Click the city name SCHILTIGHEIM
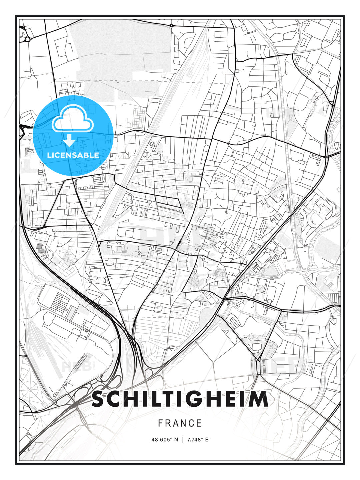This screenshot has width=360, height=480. click(180, 399)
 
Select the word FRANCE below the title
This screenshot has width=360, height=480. click(180, 423)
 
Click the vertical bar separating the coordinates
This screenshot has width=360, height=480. click(183, 440)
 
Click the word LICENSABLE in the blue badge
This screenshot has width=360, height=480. click(73, 155)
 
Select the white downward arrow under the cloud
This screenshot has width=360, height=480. click(69, 141)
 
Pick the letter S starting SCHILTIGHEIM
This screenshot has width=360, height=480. click(98, 399)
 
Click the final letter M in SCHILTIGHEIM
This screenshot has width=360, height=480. click(260, 399)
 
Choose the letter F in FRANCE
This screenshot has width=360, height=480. click(160, 423)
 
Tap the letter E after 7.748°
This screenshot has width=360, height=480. click(207, 440)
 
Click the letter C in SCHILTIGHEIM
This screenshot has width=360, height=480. click(113, 399)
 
